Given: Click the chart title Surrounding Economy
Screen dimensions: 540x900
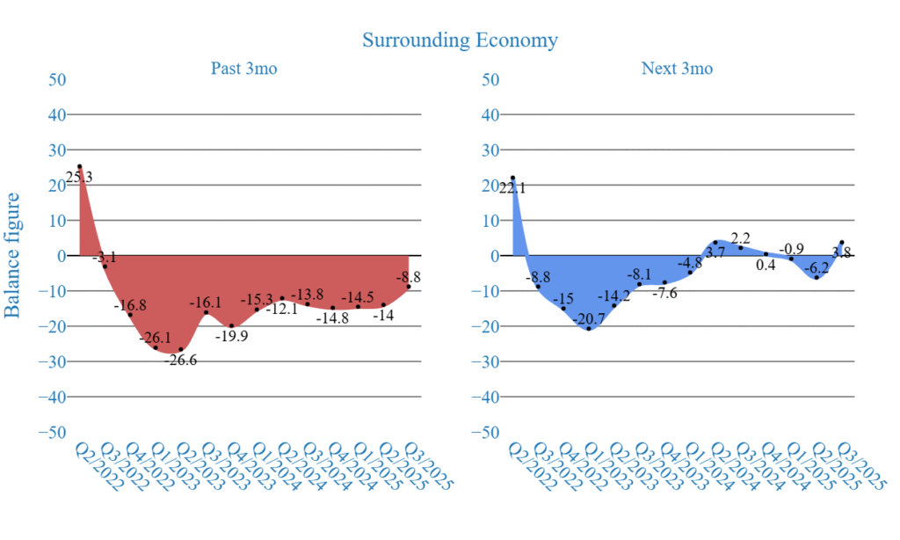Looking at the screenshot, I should click(x=460, y=40).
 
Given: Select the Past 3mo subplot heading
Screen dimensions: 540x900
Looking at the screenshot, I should click(x=243, y=69).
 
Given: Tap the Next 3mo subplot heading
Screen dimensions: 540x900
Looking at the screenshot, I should click(x=677, y=69).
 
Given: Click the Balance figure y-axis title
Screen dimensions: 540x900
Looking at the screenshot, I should click(x=13, y=255).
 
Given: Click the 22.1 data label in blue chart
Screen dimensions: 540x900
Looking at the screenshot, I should click(x=512, y=187).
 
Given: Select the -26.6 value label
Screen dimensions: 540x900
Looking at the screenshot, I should click(x=181, y=361).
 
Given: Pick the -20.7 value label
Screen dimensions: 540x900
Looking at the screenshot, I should click(x=589, y=318).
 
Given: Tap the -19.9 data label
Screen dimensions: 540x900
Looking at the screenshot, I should click(x=232, y=337).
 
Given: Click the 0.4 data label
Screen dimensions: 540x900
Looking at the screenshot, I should click(x=766, y=266).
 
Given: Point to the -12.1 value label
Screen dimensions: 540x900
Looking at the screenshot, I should click(x=282, y=309).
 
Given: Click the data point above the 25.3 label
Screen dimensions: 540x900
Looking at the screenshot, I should click(x=79, y=166).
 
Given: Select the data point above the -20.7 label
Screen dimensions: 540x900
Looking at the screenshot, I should click(x=589, y=328).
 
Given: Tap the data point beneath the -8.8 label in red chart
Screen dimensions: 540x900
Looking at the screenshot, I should click(x=409, y=287).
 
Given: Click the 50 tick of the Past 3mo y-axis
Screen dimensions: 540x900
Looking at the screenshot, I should click(x=56, y=79).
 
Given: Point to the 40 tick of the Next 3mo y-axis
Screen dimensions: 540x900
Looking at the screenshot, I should click(x=490, y=114).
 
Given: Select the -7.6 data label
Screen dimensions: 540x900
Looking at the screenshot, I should click(x=665, y=293).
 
